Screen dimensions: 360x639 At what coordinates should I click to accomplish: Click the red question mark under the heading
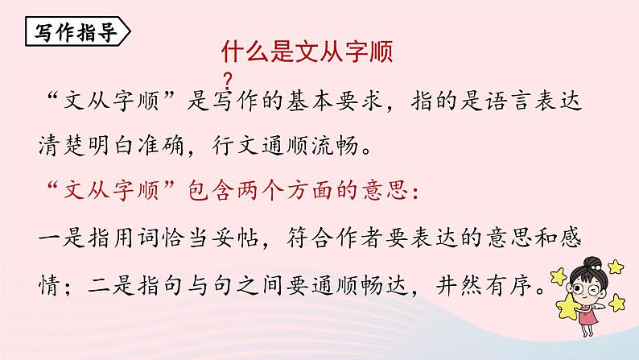pos(230,79)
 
